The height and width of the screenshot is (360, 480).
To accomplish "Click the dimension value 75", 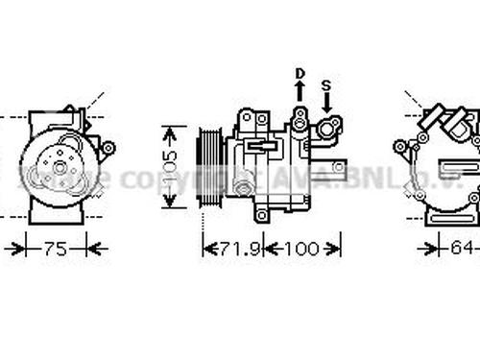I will tap(56, 250).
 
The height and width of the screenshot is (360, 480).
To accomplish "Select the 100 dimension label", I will tap(301, 250).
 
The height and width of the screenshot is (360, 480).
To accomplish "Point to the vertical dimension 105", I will tap(170, 165).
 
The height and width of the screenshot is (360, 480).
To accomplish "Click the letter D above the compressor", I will tap(299, 74).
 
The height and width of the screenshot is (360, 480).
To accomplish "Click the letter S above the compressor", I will tap(326, 84).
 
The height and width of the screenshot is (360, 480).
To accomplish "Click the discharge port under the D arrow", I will tap(300, 118).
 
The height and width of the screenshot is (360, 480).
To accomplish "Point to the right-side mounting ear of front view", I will tap(107, 147).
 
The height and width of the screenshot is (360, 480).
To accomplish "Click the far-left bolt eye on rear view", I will tap(399, 147).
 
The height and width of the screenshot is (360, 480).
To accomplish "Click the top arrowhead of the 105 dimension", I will tap(170, 130).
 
